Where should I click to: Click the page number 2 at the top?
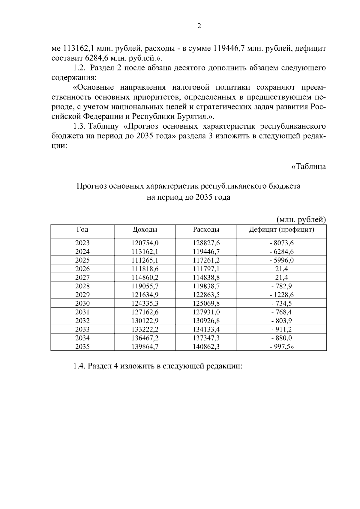point(199,26)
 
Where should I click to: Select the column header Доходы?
point(145,230)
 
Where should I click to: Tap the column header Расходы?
point(206,230)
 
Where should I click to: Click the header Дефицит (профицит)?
point(281,230)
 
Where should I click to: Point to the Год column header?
point(82,230)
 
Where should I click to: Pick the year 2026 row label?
point(82,269)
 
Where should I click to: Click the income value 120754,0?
point(145,243)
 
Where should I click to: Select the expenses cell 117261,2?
point(206,260)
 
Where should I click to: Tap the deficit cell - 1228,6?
point(281,295)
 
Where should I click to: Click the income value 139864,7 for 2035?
point(145,347)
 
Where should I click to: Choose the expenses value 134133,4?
point(206,329)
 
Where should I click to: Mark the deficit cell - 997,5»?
point(281,347)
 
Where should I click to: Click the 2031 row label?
point(82,312)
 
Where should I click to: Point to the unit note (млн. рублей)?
point(301,220)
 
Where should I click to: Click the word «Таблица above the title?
point(309,166)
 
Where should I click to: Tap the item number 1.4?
point(79,366)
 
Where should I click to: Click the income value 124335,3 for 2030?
point(145,303)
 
